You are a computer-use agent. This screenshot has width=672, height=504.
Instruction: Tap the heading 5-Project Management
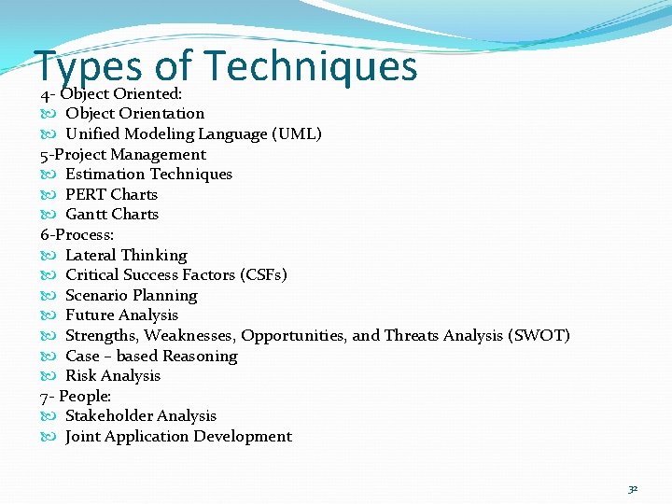(x=123, y=154)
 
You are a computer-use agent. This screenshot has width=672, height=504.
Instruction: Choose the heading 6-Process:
(x=77, y=234)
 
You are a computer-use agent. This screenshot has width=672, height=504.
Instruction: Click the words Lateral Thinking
(x=126, y=255)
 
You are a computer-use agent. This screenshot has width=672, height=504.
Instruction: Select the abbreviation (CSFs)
(x=263, y=274)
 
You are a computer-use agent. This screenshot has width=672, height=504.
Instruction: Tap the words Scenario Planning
(x=132, y=295)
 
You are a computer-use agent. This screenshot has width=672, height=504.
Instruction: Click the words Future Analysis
(x=121, y=315)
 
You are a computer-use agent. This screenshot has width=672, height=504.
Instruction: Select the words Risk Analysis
(x=113, y=375)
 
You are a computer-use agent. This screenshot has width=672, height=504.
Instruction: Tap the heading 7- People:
(x=76, y=396)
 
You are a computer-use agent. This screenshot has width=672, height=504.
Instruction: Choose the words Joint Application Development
(x=178, y=436)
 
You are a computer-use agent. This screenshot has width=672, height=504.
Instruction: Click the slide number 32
(x=633, y=488)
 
